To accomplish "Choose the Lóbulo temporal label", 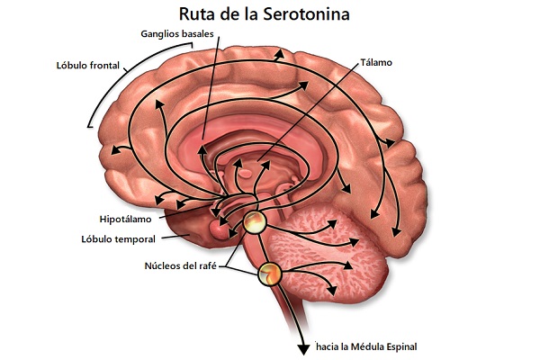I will [x=118, y=239].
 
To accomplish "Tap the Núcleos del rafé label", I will [x=184, y=265].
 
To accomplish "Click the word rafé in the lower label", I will [x=211, y=265].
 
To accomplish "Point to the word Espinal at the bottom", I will [x=401, y=346].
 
